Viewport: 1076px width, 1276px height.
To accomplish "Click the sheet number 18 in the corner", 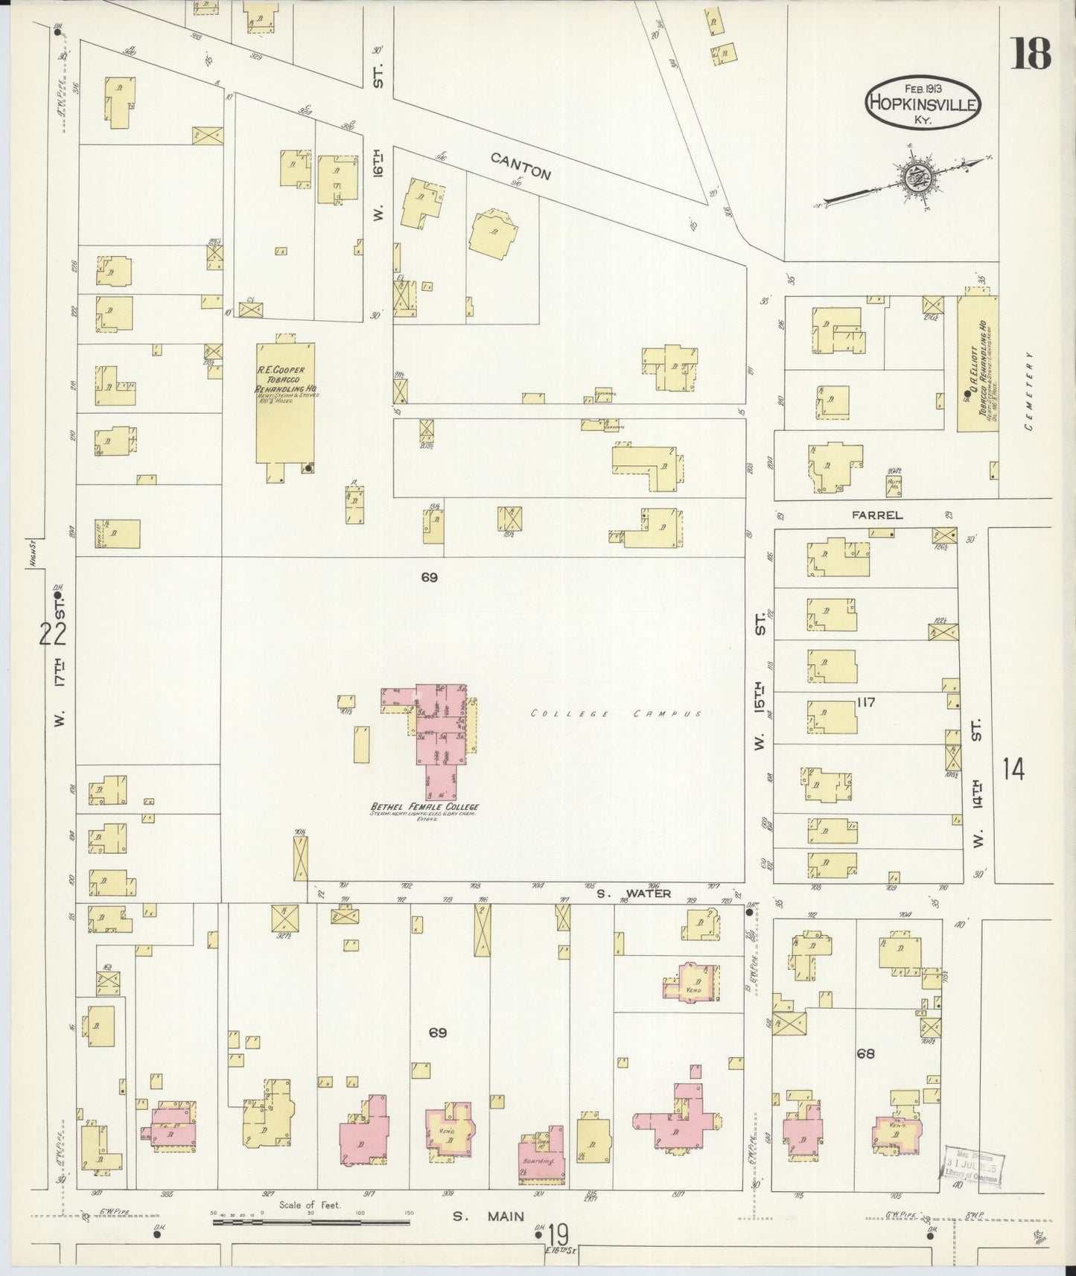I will [1031, 54].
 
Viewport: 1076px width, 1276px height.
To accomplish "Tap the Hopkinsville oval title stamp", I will [923, 104].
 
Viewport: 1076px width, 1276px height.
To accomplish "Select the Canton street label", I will [521, 166].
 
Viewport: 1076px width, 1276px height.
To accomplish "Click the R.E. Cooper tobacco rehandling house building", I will [284, 402].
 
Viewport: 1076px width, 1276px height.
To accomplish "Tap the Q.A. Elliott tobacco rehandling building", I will [976, 365].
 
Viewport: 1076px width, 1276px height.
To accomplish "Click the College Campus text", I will [616, 714].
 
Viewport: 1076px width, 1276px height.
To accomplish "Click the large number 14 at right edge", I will [1013, 768].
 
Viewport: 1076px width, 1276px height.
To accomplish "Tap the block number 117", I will [865, 702].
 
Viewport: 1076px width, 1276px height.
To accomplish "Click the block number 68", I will [865, 1053].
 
